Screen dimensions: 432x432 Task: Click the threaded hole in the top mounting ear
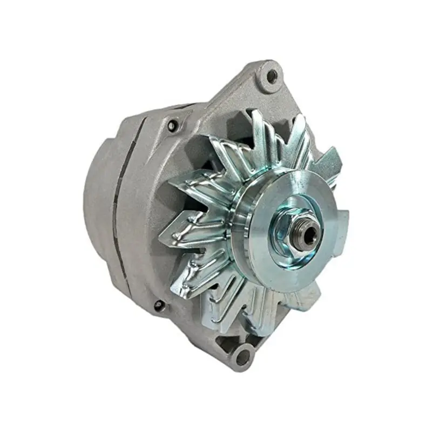point(272,76)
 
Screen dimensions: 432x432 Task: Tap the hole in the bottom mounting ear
point(244,356)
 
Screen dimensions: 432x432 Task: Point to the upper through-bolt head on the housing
point(172,126)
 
